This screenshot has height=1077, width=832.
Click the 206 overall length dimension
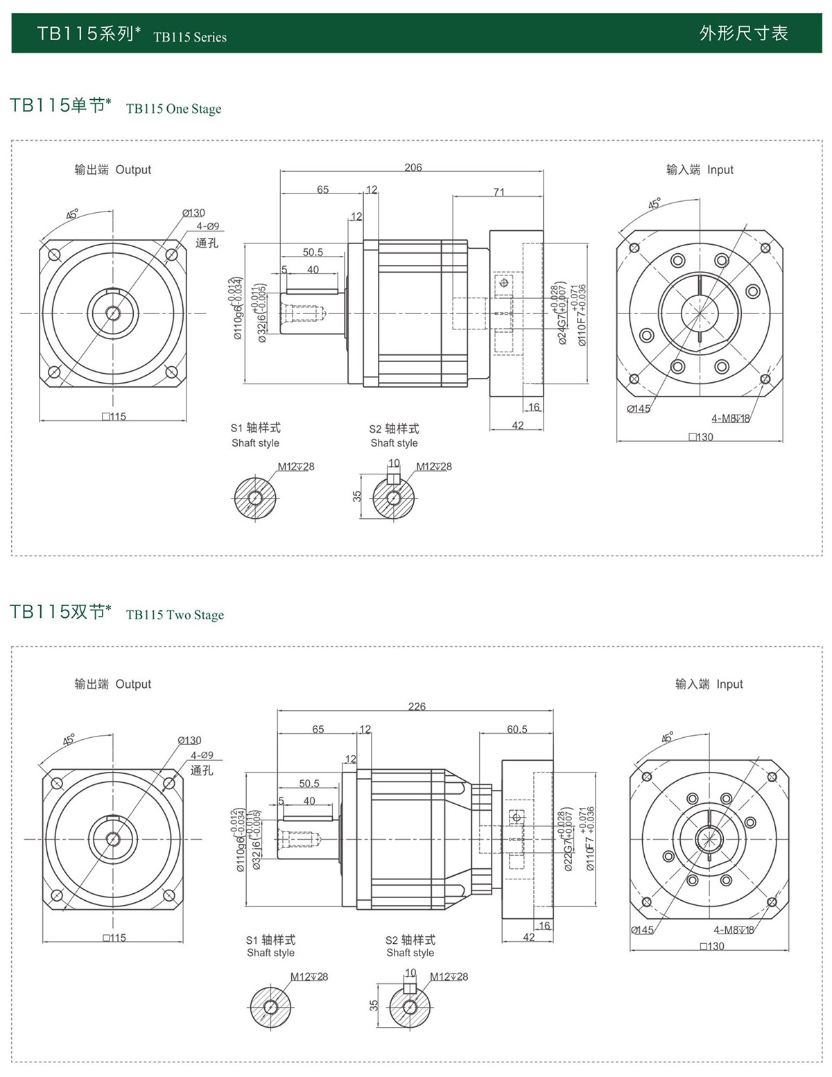413,167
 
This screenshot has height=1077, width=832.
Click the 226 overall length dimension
417,707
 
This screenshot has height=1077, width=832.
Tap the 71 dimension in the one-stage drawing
499,192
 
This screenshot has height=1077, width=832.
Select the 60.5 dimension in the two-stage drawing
517,729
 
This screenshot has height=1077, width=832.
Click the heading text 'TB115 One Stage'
173,109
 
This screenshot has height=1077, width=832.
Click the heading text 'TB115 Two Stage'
175,615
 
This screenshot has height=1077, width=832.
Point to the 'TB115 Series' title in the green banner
190,37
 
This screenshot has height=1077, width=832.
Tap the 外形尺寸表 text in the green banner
743,33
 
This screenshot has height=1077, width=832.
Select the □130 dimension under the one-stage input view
701,437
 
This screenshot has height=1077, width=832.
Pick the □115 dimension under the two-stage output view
114,938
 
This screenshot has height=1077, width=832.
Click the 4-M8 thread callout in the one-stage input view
730,418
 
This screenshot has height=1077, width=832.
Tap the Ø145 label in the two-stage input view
643,930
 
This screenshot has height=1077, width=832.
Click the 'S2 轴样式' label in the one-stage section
394,429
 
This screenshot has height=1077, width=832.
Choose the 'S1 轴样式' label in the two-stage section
270,940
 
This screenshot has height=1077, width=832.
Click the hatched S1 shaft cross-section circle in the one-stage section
255,497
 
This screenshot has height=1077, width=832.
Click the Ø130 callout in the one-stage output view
193,213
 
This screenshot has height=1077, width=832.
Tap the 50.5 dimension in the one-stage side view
313,252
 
